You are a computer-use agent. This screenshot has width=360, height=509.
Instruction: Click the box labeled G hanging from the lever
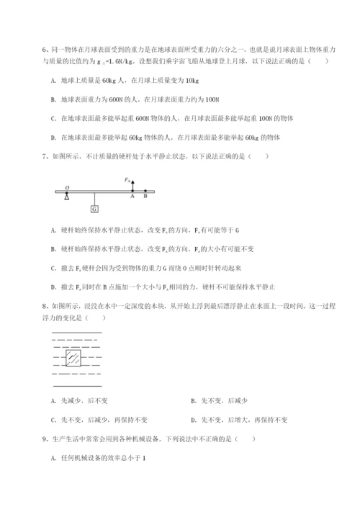click(x=94, y=209)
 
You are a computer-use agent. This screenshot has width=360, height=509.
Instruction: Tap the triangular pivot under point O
click(x=67, y=197)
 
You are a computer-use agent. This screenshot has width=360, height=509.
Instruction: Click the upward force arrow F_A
click(x=132, y=185)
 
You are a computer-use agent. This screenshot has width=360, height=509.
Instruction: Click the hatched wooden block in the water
click(x=73, y=358)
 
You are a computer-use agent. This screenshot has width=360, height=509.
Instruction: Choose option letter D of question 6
click(x=55, y=137)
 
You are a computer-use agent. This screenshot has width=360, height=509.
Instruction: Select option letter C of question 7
click(x=55, y=268)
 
